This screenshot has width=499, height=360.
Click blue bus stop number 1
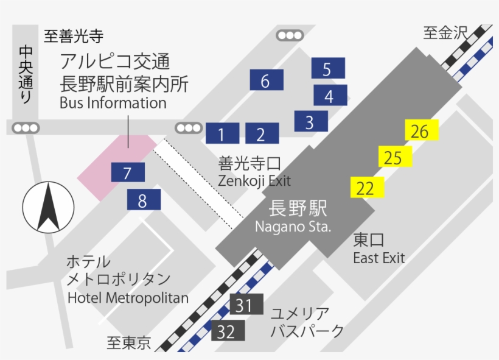pos(222,133)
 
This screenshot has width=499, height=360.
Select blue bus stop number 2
pos(262,133)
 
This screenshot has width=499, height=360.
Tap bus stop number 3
pos(310,121)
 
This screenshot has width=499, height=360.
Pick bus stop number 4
pos(330,95)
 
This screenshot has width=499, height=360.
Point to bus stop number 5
pos(327,68)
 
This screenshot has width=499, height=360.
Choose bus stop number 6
pos(266,80)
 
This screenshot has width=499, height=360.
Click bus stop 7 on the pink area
pos(128,172)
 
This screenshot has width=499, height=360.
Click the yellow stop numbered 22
pos(367,188)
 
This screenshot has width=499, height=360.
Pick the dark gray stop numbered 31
pos(245,304)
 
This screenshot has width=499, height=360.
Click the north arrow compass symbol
pos(47,207)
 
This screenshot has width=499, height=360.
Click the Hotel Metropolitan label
pos(128,298)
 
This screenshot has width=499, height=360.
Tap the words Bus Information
pos(113,102)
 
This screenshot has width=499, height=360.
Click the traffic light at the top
pos(289,35)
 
